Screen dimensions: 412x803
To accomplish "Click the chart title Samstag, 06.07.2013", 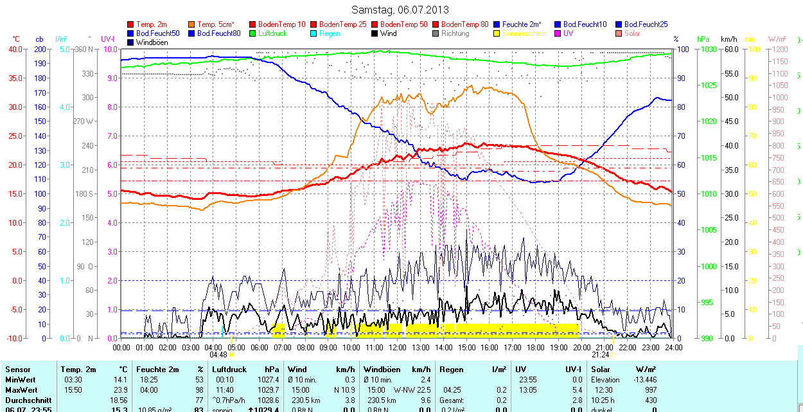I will coord(401,10).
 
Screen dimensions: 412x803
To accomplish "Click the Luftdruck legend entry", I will coord(272,33).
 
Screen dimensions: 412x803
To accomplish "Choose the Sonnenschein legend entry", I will coord(524,33).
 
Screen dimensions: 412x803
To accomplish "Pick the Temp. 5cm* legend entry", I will coord(215,24).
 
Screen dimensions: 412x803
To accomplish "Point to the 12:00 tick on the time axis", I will coord(398,347).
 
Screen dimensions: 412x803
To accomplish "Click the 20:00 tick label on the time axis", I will coord(581,347).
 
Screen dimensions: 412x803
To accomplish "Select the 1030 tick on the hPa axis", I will coord(708,49).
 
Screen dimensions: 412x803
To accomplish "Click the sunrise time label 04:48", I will coord(218,354).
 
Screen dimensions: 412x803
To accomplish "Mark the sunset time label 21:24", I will coord(601,354).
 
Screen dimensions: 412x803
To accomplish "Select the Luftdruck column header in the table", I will coord(229,370).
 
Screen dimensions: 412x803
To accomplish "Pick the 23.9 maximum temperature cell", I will coord(120,390).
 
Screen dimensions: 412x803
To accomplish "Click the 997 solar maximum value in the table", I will coord(649,390).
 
